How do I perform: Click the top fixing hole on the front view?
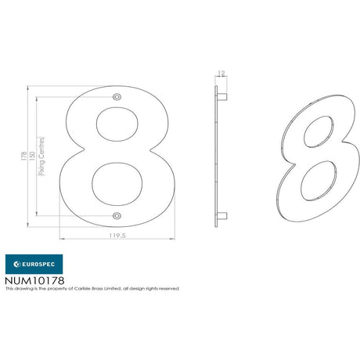pyautogui.click(x=117, y=97)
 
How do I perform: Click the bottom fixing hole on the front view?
pyautogui.click(x=117, y=216)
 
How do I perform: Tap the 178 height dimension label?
pyautogui.click(x=24, y=156)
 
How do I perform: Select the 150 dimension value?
pyautogui.click(x=33, y=156)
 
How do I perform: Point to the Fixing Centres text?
pyautogui.click(x=41, y=156)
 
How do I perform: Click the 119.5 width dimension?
pyautogui.click(x=117, y=236)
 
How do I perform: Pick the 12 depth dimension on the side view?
pyautogui.click(x=221, y=74)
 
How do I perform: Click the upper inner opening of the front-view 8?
pyautogui.click(x=117, y=124)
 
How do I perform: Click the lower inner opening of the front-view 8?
pyautogui.click(x=117, y=184)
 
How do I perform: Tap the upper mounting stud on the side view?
pyautogui.click(x=222, y=97)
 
